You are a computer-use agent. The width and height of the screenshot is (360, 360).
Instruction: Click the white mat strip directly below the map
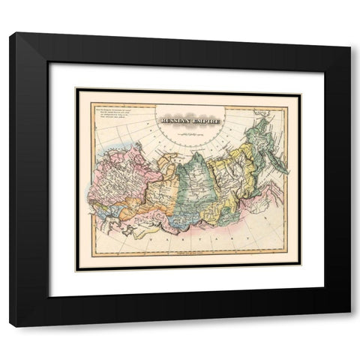[187, 277]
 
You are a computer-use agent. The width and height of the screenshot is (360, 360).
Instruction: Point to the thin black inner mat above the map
[187, 91]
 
